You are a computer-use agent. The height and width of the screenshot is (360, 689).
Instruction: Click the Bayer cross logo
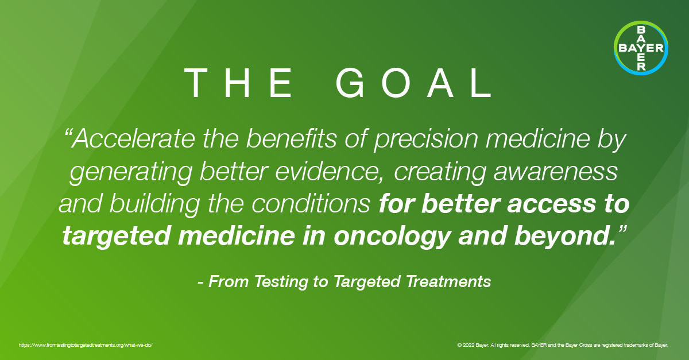coord(641,48)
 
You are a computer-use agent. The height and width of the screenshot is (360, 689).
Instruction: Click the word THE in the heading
coord(239,84)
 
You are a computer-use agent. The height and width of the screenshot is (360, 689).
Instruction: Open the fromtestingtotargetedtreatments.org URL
coord(86,346)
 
